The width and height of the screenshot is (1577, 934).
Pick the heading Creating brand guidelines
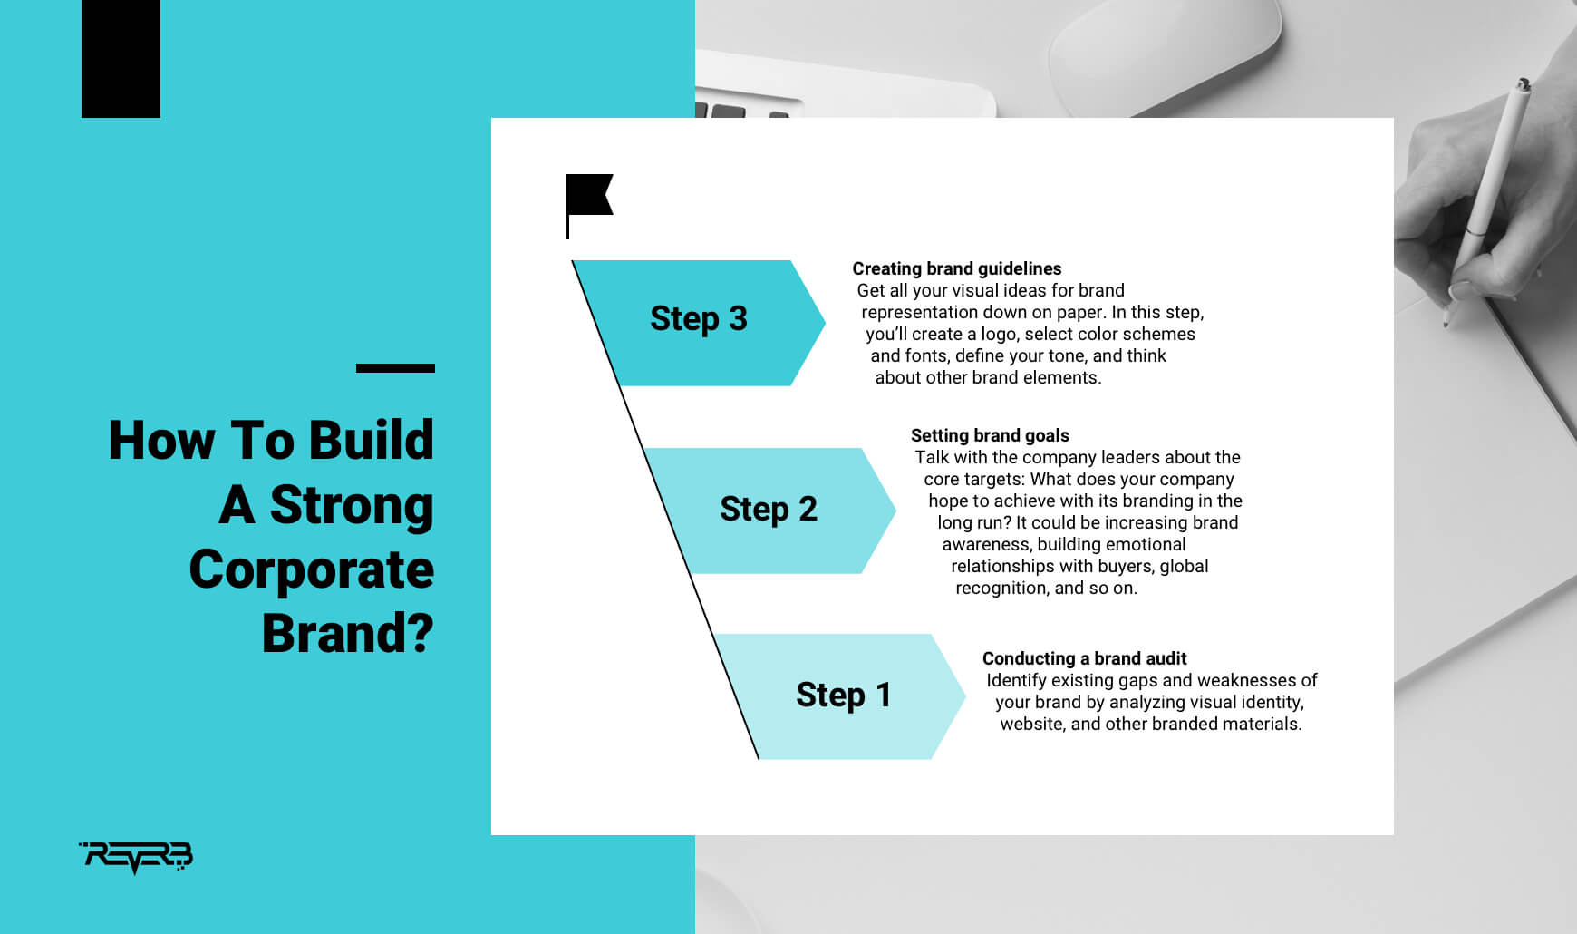957,268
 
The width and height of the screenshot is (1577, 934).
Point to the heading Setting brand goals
990,435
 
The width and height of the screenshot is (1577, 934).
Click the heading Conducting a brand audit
1084,658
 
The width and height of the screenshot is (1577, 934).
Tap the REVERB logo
136,857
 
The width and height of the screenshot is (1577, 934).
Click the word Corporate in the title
312,570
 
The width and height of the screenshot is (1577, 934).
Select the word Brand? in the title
348,633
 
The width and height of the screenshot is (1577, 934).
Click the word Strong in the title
352,506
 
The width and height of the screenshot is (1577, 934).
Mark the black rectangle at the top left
121,59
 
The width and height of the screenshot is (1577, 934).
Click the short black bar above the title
395,368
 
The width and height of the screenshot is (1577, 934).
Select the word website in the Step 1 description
1032,724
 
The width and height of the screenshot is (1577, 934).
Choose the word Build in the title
371,441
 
